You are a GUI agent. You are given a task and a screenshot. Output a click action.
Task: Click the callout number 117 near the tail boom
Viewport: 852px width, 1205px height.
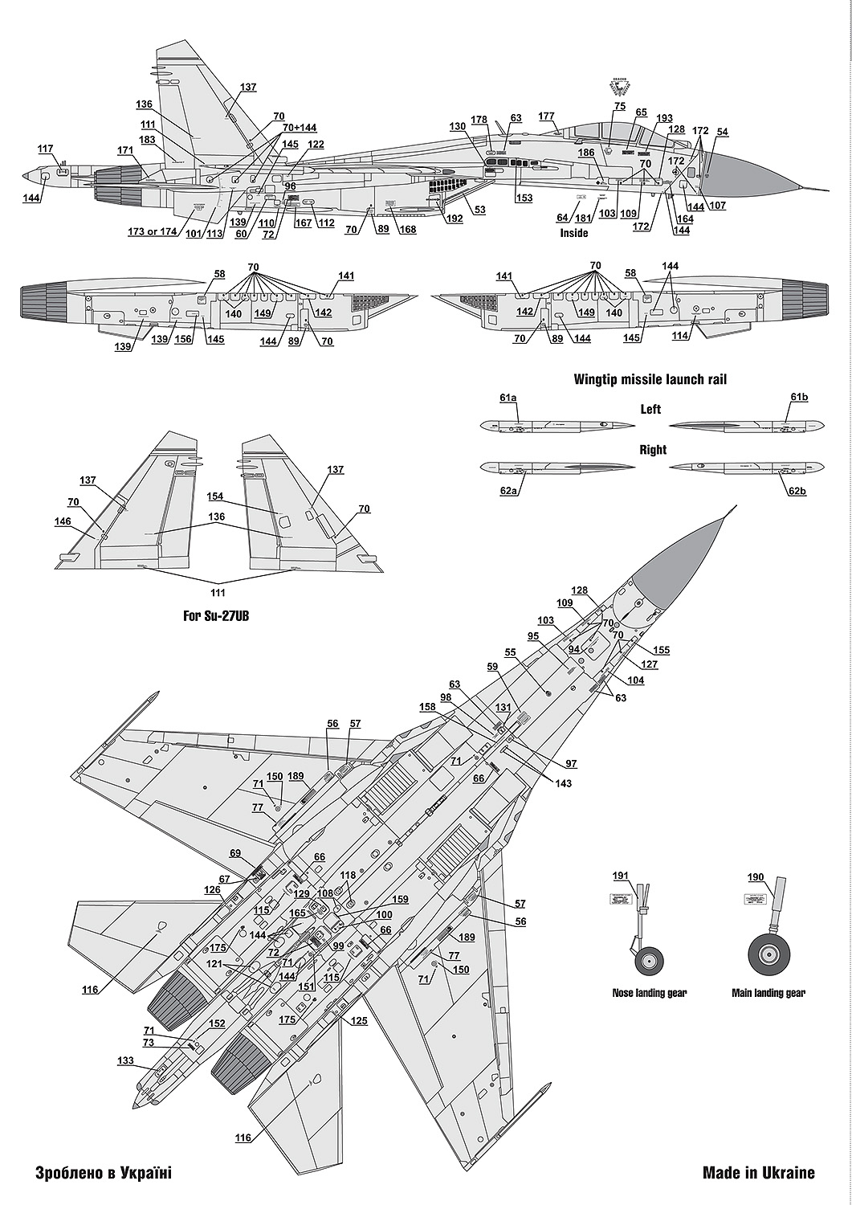point(45,149)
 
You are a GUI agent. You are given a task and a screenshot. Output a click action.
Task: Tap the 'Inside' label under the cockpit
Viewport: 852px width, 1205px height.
point(573,233)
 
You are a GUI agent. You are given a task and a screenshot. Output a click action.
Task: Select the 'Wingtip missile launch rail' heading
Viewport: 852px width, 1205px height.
point(650,380)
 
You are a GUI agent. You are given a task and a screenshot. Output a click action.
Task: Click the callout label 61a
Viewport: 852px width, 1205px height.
point(508,398)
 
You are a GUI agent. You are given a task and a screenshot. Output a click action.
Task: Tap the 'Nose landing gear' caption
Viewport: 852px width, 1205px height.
point(650,993)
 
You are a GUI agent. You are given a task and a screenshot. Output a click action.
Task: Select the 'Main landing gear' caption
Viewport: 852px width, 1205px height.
point(768,993)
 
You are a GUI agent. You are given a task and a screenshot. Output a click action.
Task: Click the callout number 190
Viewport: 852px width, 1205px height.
point(756,877)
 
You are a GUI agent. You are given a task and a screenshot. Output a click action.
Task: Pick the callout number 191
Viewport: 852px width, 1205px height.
point(622,876)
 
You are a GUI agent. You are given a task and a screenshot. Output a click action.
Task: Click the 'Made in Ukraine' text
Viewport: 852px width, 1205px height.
point(758,1173)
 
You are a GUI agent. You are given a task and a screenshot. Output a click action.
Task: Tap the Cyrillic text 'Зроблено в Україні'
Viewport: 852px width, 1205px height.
point(104,1173)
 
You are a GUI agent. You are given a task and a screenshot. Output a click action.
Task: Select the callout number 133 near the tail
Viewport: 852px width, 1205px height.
point(125,1060)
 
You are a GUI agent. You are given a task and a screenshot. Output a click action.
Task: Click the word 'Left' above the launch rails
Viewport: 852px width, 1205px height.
point(650,410)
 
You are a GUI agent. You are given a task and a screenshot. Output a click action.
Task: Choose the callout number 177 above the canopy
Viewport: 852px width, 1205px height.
point(547,116)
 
